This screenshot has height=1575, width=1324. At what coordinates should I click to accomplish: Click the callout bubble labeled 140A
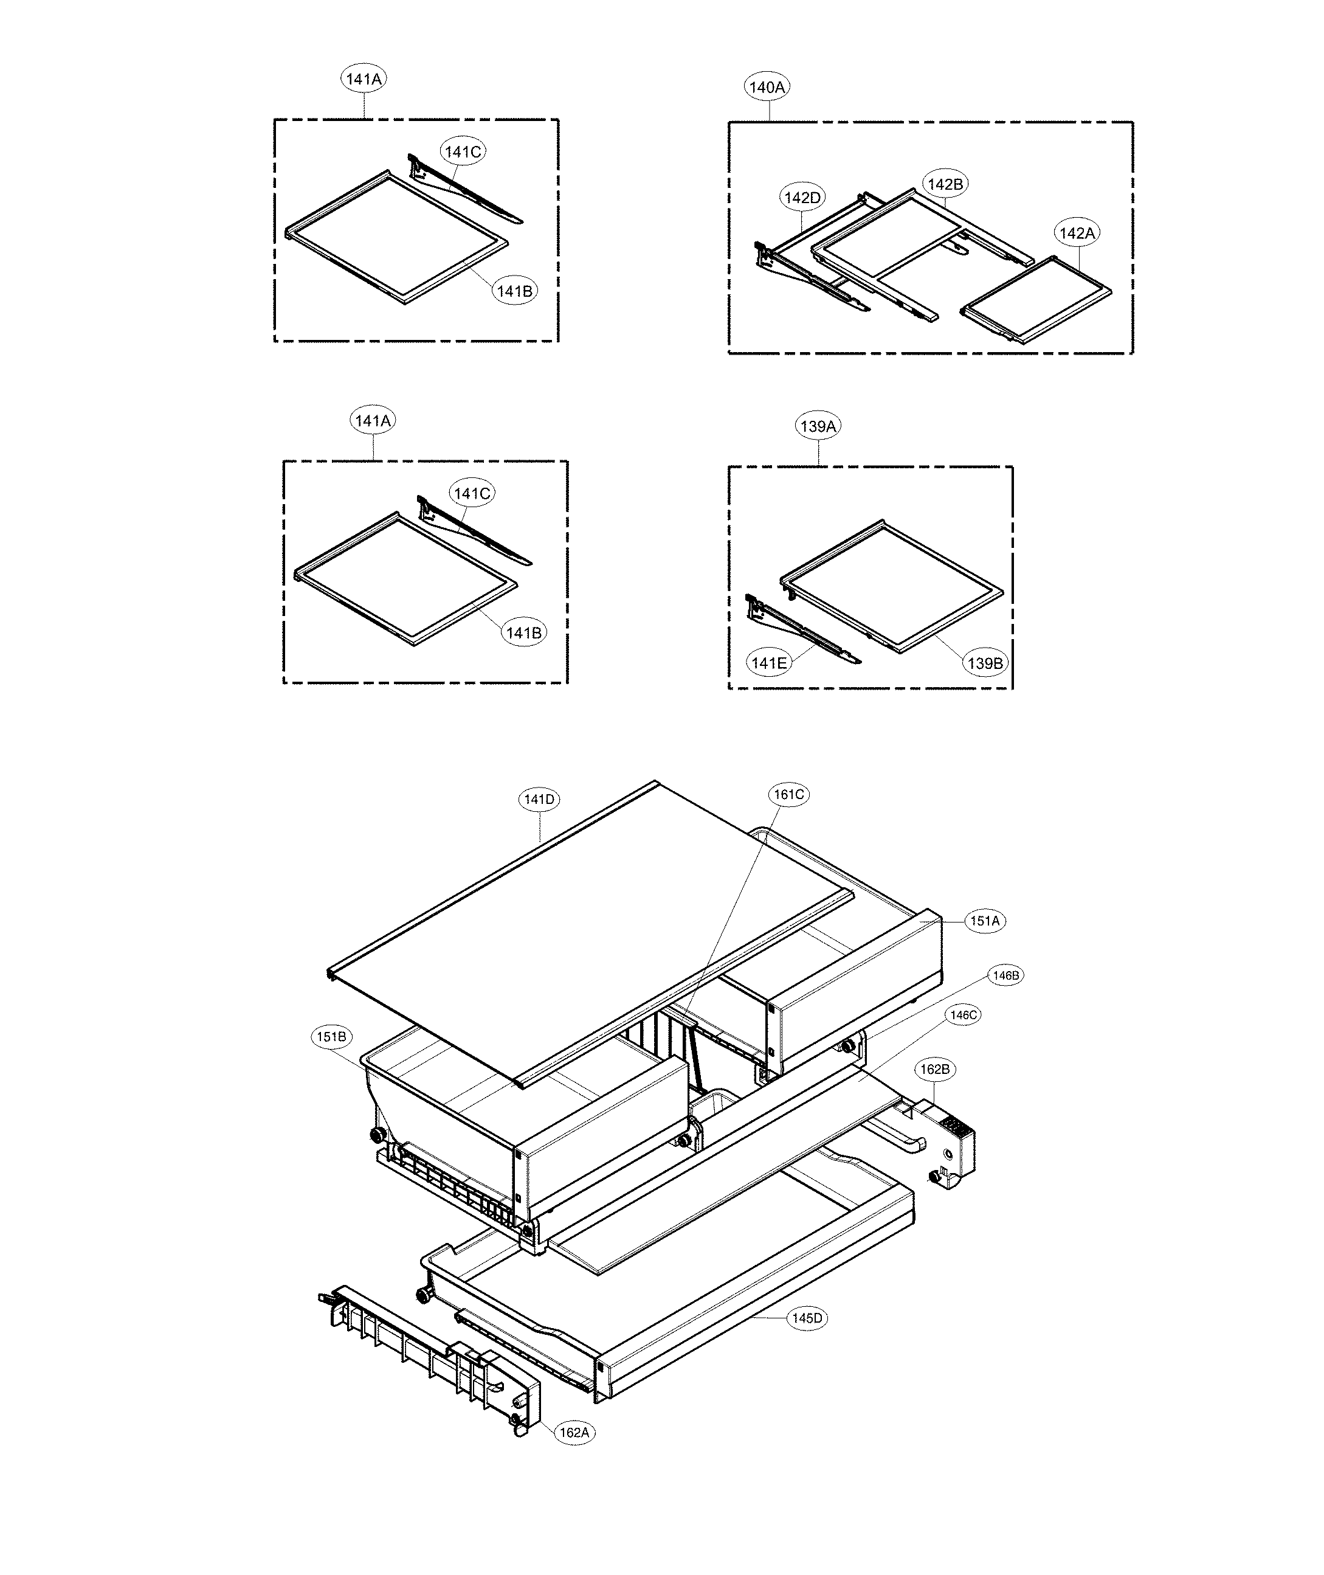[767, 87]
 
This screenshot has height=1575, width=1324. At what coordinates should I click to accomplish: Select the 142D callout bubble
[802, 198]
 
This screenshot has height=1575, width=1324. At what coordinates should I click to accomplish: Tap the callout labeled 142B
[946, 184]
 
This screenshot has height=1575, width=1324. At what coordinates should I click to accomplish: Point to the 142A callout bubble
[1077, 234]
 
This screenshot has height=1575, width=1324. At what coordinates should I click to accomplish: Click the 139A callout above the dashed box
[818, 426]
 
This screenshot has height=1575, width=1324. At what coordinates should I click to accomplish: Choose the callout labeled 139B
[985, 663]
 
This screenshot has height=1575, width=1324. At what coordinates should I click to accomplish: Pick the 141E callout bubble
[768, 663]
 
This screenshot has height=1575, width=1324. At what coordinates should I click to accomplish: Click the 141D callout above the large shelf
[539, 800]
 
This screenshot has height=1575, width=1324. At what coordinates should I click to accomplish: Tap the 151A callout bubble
[985, 921]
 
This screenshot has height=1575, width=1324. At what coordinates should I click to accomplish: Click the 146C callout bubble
[963, 1015]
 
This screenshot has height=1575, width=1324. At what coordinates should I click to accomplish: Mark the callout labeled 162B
[935, 1069]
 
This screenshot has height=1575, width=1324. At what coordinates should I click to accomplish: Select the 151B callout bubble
[331, 1037]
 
